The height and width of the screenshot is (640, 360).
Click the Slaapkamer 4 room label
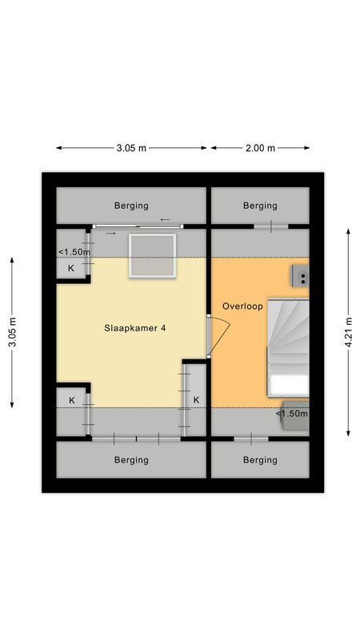[135, 328]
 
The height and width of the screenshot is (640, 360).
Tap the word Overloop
[242, 306]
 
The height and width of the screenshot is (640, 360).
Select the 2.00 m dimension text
[259, 148]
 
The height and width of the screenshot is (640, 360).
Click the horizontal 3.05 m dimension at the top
[131, 148]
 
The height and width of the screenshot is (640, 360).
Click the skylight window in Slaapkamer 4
[153, 255]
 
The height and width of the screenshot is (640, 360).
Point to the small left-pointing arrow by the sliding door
[166, 219]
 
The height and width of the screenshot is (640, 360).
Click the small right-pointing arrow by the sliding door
[110, 234]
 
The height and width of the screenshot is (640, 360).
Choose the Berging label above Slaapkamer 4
[131, 206]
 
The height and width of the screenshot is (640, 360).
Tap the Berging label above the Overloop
[260, 206]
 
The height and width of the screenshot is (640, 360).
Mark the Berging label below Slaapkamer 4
[131, 460]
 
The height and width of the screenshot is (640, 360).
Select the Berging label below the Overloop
[260, 460]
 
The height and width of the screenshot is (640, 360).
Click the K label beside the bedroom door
[196, 400]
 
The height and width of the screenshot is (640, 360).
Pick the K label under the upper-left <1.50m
[70, 269]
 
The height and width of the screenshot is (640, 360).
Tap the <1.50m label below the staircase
[292, 414]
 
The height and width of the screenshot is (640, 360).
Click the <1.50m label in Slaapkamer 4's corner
[73, 253]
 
